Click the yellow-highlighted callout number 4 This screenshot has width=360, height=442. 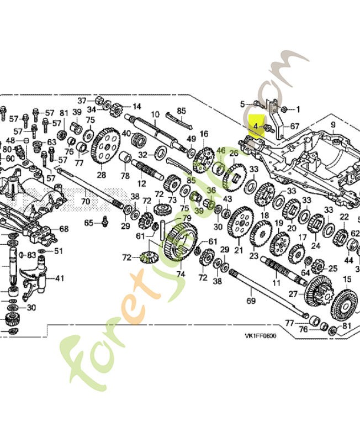[x=256, y=127]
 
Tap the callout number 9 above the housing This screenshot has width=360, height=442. [x=333, y=125]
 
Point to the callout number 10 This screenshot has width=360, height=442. [x=155, y=115]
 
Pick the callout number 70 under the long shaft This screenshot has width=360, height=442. [x=86, y=202]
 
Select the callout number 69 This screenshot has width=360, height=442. [x=251, y=301]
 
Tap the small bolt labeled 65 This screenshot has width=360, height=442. [x=104, y=222]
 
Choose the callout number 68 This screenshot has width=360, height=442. [x=63, y=229]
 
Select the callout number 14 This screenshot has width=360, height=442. [x=136, y=106]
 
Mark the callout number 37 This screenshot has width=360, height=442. [x=82, y=101]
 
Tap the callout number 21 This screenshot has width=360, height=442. [x=239, y=250]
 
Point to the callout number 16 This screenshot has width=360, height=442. [x=204, y=134]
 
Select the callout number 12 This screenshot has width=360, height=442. [x=142, y=183]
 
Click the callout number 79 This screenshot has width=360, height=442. [x=179, y=218]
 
